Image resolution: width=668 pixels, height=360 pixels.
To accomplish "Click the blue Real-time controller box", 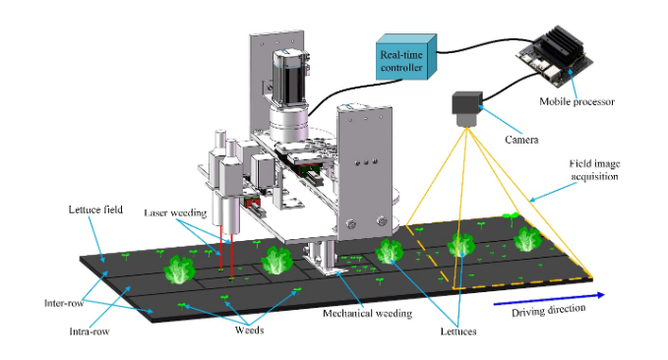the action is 405,57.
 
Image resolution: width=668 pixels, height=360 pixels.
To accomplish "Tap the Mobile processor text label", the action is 577,102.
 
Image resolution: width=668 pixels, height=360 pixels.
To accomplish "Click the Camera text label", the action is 521,140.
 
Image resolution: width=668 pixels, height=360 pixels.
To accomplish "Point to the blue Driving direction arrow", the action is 549,299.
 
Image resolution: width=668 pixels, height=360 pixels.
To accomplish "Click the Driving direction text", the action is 548,310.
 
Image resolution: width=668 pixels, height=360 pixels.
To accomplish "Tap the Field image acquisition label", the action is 594,170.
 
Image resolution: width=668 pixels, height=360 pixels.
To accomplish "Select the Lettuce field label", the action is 95,210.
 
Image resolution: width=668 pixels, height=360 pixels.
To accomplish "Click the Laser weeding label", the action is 175,212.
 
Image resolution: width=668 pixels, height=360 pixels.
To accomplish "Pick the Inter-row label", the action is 64,303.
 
